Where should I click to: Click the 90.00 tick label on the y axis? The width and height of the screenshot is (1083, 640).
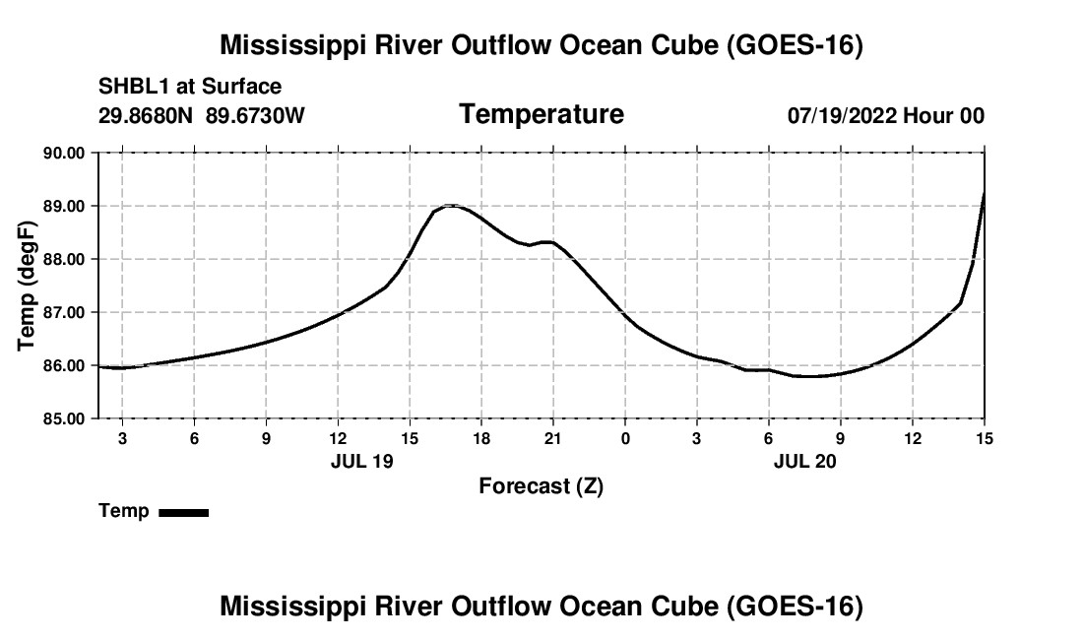64,154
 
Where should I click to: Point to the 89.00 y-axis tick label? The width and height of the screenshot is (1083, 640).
64,207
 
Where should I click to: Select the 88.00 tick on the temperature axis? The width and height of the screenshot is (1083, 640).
64,260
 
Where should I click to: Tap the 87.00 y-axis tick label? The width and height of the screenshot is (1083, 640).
64,313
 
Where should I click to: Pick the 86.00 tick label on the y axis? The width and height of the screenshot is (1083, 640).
64,366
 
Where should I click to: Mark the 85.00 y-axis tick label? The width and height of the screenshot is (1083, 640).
64,419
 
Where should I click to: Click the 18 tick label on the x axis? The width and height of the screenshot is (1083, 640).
481,438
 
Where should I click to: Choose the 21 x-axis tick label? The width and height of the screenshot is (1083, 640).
552,438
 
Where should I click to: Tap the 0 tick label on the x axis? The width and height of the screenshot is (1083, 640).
625,438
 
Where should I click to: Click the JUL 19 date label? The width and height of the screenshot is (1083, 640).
362,461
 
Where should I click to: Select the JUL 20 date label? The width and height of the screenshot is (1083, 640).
804,461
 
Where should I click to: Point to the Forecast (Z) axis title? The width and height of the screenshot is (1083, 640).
541,486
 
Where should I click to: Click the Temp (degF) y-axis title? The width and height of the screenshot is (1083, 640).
27,286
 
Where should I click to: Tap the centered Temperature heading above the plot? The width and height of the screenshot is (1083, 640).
541,114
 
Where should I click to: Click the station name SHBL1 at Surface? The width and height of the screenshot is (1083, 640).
190,87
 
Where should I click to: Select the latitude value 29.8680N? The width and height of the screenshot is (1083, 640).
146,115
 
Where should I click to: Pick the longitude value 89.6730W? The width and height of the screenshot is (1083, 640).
255,115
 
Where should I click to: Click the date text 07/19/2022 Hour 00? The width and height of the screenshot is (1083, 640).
886,115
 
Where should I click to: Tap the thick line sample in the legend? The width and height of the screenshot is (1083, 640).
184,513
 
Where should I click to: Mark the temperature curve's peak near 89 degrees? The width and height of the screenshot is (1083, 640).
450,205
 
